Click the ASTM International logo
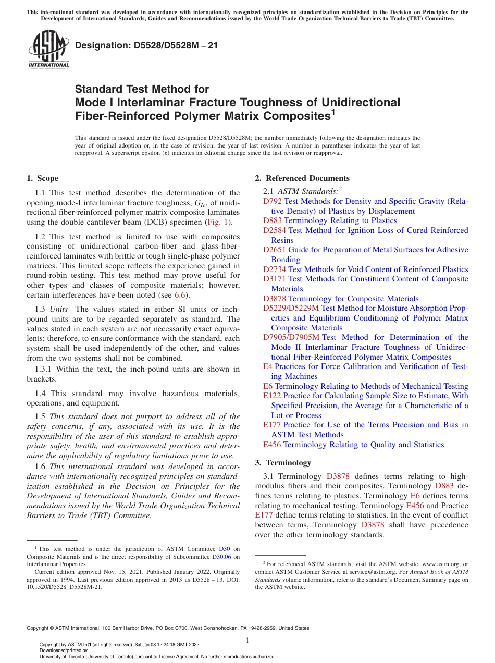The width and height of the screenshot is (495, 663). (48, 50)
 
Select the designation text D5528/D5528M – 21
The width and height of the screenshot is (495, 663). (146, 45)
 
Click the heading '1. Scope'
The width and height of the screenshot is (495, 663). (42, 178)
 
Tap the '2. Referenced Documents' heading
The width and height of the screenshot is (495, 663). (302, 178)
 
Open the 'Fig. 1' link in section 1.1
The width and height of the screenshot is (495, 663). (218, 222)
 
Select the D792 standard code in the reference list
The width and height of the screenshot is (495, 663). (273, 201)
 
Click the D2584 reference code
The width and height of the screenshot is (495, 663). (275, 230)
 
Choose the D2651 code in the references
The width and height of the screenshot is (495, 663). (275, 250)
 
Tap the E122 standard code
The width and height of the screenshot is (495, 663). (272, 396)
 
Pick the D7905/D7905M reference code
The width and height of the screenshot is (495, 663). (291, 337)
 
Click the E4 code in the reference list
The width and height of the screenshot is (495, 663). (268, 366)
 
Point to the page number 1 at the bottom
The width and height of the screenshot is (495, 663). (247, 641)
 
